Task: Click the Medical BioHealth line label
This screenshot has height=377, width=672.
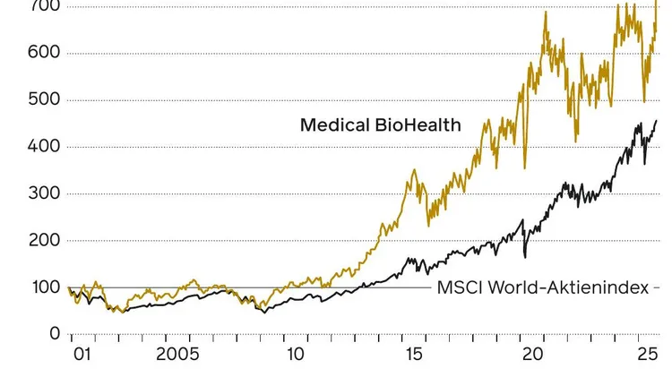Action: pos(380,125)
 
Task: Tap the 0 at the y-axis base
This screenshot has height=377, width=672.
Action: pos(55,334)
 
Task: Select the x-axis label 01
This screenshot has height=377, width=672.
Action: pos(82,356)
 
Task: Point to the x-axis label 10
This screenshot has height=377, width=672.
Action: pos(296,356)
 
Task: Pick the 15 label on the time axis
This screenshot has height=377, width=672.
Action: pos(414,356)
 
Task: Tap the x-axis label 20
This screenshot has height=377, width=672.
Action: pos(532,356)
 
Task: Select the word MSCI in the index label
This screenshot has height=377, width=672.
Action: pos(458,287)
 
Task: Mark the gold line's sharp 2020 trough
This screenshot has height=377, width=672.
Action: pos(524,167)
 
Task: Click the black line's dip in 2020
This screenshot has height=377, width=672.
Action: pos(525,256)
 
